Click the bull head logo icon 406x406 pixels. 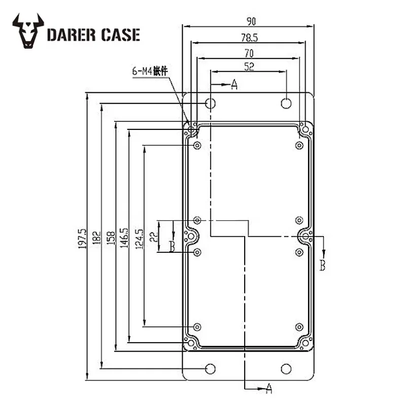pyautogui.click(x=28, y=31)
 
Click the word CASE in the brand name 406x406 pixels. pyautogui.click(x=120, y=35)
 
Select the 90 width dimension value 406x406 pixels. pyautogui.click(x=251, y=21)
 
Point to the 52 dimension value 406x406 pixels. pyautogui.click(x=249, y=66)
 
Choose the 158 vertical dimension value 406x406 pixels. pyautogui.click(x=110, y=236)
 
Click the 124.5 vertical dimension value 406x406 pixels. pyautogui.click(x=139, y=236)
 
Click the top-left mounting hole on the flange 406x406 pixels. pyautogui.click(x=211, y=104)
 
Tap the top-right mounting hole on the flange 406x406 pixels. pyautogui.click(x=287, y=103)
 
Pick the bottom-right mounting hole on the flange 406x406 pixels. pyautogui.click(x=287, y=368)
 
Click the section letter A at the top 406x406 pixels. pyautogui.click(x=234, y=85)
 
